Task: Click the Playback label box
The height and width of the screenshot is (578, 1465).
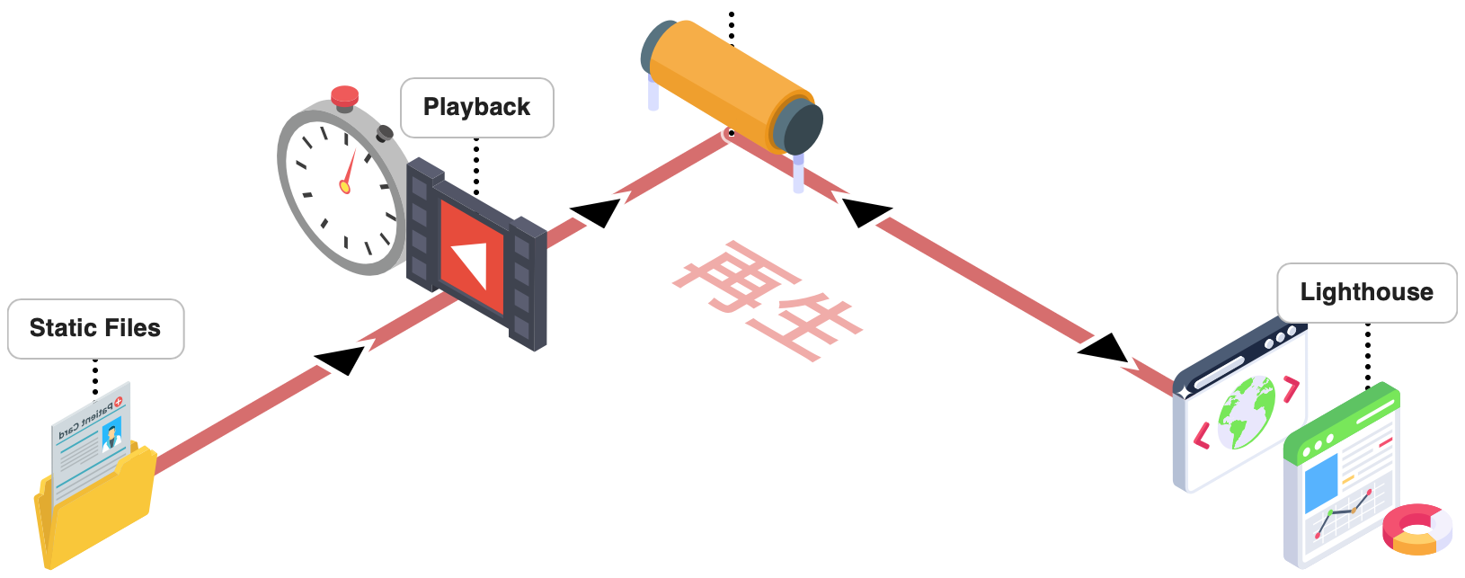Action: click(476, 107)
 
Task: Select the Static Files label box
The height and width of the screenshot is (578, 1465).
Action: click(95, 328)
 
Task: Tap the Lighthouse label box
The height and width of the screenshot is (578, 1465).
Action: click(1366, 292)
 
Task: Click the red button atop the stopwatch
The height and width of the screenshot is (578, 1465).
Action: click(344, 96)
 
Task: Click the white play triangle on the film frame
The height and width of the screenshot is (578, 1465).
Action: click(471, 257)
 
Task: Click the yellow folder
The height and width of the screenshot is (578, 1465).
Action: click(94, 512)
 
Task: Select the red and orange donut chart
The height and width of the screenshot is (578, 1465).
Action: click(1417, 529)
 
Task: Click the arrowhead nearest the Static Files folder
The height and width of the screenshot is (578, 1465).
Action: click(341, 358)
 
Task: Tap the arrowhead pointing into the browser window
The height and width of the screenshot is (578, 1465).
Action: click(1104, 349)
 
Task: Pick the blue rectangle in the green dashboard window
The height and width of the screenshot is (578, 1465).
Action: click(1321, 481)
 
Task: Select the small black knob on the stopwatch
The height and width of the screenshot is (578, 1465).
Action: click(385, 134)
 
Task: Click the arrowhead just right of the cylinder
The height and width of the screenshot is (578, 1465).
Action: click(866, 212)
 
